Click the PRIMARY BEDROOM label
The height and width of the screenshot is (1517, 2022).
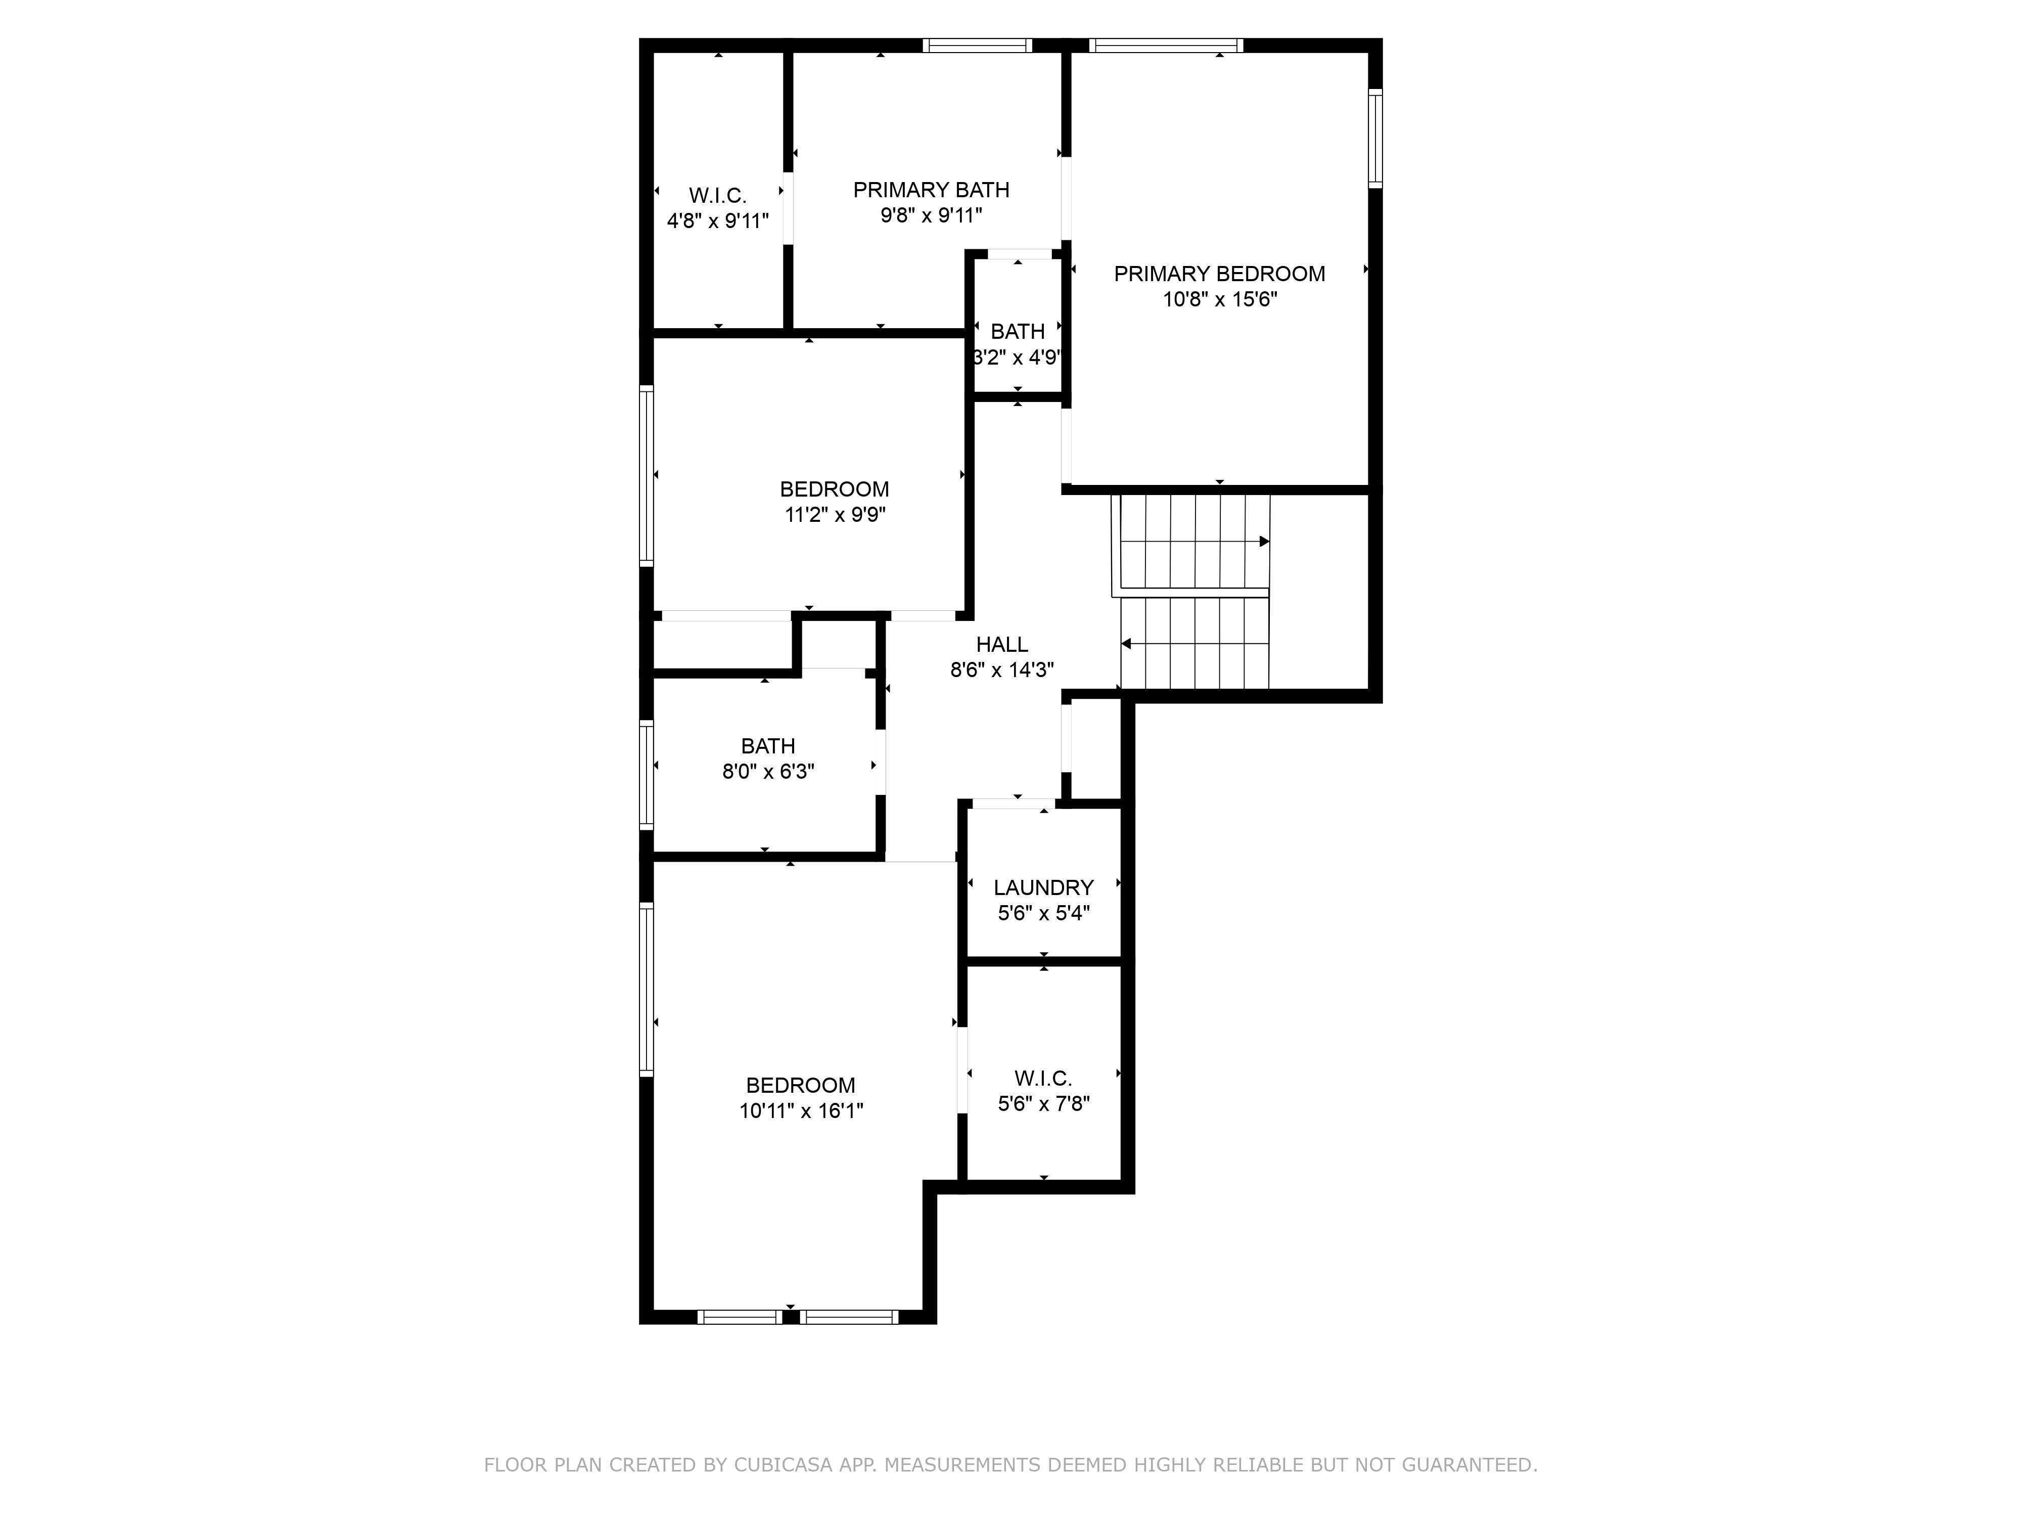tap(1219, 274)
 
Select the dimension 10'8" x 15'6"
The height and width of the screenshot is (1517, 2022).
tap(1219, 299)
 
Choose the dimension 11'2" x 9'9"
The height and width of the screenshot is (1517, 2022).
tap(835, 515)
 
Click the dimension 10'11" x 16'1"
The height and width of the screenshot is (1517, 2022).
tap(801, 1111)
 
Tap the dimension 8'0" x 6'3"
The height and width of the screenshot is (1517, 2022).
tap(768, 772)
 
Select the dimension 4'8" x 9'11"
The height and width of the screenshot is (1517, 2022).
tap(718, 220)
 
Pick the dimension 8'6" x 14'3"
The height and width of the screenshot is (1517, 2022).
tap(1002, 670)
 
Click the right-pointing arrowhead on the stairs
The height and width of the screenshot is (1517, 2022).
tap(1265, 542)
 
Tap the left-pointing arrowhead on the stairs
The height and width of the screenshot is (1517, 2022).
tap(1126, 644)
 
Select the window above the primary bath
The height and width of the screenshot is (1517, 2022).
tap(977, 45)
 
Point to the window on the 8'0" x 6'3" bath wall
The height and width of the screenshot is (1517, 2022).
tap(646, 775)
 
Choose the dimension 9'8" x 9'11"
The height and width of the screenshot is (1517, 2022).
tap(932, 216)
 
